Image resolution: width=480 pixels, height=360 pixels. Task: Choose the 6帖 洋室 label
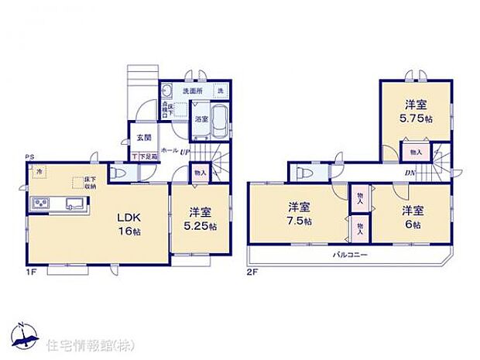(412, 217)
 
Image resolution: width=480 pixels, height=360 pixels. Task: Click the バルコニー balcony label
(350, 255)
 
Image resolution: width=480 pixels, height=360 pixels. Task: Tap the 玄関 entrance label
(143, 138)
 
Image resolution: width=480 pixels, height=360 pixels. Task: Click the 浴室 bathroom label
(201, 119)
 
